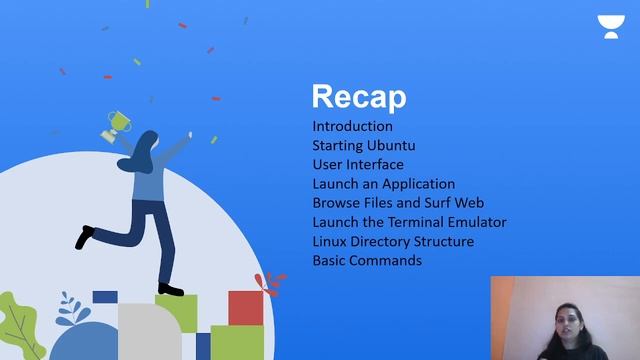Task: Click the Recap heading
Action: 359,97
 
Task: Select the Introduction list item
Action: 352,127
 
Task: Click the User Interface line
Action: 358,165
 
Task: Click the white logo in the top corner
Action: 608,25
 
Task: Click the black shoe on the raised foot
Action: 85,237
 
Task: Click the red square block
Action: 244,307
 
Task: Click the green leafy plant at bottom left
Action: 20,325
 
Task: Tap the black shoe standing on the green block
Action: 171,289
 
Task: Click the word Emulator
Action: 478,222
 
